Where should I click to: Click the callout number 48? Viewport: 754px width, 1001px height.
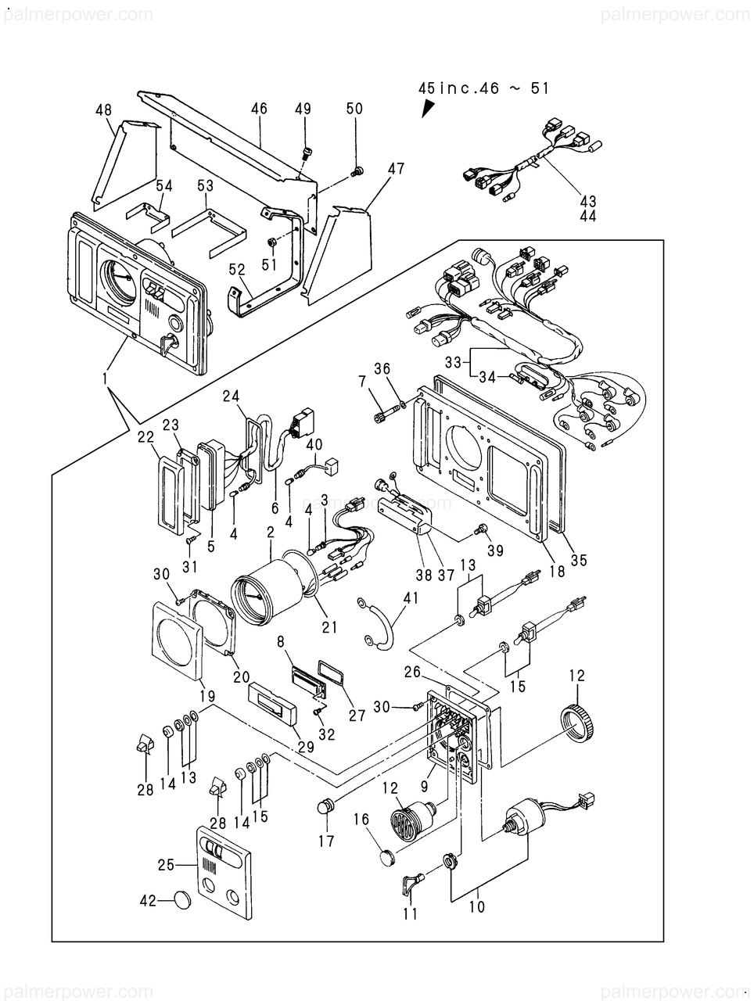(104, 110)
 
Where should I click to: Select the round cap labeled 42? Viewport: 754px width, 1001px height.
(182, 900)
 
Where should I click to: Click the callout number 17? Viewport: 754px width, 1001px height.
(326, 841)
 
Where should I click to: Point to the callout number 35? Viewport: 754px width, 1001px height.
(579, 560)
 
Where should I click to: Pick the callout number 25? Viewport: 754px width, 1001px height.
(166, 865)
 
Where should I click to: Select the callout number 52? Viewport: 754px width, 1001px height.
(237, 269)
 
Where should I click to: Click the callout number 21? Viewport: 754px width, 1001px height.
(329, 626)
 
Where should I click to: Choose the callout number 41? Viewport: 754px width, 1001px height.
(411, 598)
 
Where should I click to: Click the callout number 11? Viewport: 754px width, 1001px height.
(411, 913)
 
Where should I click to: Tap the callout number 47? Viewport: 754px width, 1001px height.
(396, 167)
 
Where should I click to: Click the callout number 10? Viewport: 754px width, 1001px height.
(477, 907)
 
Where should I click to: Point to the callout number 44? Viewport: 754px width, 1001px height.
(587, 216)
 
